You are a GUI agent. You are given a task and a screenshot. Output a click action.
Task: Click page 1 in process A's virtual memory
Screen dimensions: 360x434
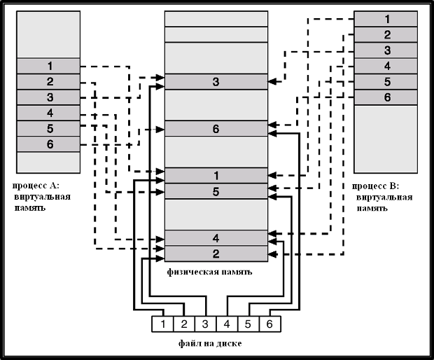click(50, 66)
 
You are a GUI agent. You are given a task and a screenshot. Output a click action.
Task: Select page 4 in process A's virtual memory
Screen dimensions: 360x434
click(50, 112)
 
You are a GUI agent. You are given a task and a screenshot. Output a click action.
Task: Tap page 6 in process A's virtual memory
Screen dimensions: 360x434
click(50, 144)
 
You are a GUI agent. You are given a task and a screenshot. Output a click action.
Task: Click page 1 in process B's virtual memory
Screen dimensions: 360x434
click(387, 19)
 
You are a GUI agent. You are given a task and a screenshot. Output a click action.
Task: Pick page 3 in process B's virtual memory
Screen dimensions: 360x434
click(387, 50)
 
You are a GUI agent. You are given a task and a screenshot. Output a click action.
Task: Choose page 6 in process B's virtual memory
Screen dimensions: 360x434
click(387, 97)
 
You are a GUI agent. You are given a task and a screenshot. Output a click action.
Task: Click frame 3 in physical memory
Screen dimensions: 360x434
click(216, 83)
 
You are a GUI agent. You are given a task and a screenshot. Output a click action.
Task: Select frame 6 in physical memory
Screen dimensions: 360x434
click(216, 129)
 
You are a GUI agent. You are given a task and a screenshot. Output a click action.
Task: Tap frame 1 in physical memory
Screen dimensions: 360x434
click(216, 175)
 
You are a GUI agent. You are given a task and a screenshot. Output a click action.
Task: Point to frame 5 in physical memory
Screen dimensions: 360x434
click(216, 191)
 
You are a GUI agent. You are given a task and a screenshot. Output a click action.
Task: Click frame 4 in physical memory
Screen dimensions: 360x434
click(216, 237)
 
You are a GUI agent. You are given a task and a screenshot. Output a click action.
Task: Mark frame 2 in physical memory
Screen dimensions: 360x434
click(216, 253)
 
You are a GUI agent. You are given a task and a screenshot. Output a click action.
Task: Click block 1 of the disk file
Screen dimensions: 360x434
click(162, 324)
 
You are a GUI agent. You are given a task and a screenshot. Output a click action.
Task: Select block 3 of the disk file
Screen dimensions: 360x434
click(205, 324)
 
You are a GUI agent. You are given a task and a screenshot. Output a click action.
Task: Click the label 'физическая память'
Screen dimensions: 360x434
click(210, 271)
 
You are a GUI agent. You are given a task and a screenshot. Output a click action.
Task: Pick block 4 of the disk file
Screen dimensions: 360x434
click(226, 324)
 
